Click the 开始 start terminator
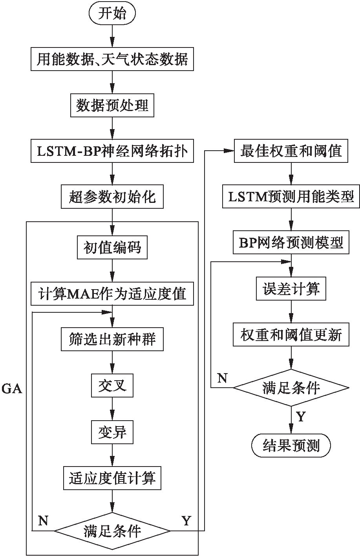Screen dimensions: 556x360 click(x=112, y=14)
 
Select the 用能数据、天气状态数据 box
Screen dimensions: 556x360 click(x=112, y=60)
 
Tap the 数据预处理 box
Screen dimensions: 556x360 click(x=112, y=106)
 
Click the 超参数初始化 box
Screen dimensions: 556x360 click(x=112, y=197)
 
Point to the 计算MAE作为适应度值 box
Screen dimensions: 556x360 click(x=112, y=293)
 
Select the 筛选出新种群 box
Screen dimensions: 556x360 click(x=112, y=339)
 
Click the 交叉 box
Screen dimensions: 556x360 click(x=112, y=386)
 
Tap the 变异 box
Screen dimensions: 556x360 click(x=112, y=432)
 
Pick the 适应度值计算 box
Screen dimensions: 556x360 click(x=112, y=478)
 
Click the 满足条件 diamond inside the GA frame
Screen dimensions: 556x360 click(x=112, y=531)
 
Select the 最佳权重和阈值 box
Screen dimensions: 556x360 click(x=291, y=151)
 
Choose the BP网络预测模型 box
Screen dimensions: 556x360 click(x=291, y=243)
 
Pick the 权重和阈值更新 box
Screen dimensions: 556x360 click(x=291, y=335)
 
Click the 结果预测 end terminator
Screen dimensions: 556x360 click(x=291, y=445)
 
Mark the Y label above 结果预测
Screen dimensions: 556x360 click(x=301, y=417)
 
